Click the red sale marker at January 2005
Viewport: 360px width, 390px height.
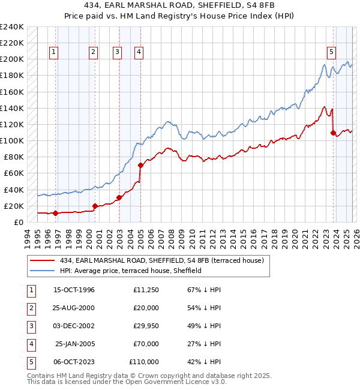point(140,165)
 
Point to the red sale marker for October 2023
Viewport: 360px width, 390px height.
point(333,133)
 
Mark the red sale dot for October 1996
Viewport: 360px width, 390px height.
point(56,213)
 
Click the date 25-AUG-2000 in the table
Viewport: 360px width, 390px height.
point(74,308)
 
